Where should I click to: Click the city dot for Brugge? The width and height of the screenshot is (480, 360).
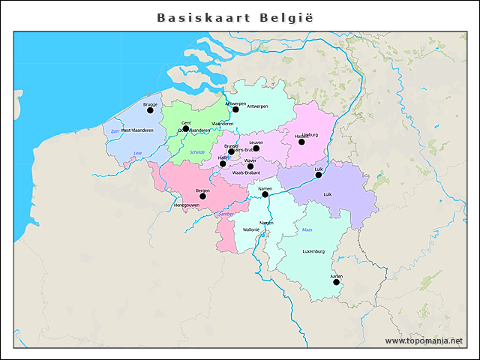click(150, 110)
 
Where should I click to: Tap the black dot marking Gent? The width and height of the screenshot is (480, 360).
click(186, 128)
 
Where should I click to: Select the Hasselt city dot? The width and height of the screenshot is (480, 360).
click(301, 142)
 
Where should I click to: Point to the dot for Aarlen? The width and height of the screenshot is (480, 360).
click(336, 282)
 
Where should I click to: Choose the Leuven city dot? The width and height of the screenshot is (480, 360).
click(256, 148)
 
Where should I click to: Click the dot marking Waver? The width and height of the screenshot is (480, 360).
click(250, 166)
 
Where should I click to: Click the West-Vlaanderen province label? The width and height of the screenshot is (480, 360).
click(137, 130)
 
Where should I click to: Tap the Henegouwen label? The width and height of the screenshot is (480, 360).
click(186, 205)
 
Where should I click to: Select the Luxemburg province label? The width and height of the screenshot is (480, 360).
click(313, 252)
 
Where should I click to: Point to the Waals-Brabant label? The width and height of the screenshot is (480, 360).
click(246, 173)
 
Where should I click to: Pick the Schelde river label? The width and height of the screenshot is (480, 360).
click(197, 152)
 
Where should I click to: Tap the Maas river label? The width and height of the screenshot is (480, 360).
click(307, 229)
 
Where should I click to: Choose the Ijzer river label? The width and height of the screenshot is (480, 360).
click(115, 131)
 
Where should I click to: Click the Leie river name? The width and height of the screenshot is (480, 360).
click(137, 153)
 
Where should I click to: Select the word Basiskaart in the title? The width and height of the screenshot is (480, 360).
click(203, 16)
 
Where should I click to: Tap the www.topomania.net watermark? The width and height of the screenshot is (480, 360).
click(424, 340)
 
